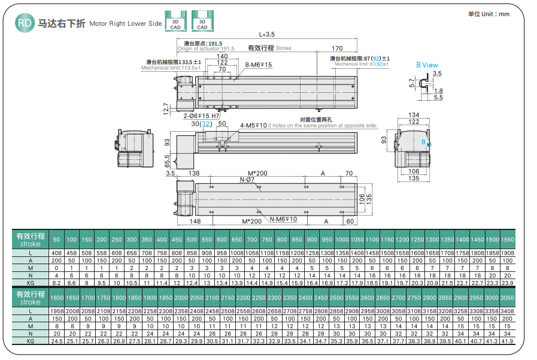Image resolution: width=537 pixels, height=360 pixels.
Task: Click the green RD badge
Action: pyautogui.click(x=25, y=23)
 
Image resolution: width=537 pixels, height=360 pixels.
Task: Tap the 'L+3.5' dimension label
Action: pyautogui.click(x=267, y=34)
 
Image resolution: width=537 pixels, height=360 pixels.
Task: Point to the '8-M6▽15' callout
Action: pyautogui.click(x=259, y=65)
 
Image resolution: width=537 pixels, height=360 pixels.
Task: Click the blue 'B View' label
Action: pyautogui.click(x=427, y=65)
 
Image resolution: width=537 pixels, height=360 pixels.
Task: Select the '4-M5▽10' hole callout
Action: pyautogui.click(x=253, y=125)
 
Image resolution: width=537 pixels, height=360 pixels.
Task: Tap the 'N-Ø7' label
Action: pyautogui.click(x=247, y=180)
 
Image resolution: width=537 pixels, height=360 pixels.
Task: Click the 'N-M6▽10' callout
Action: pyautogui.click(x=283, y=219)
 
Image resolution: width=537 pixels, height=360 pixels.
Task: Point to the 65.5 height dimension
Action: pyautogui.click(x=168, y=162)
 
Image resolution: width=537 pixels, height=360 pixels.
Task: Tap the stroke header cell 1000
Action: pyautogui.click(x=342, y=240)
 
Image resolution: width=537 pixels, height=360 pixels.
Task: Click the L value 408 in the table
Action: pyautogui.click(x=57, y=253)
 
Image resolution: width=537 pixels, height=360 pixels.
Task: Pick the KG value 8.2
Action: pyautogui.click(x=57, y=282)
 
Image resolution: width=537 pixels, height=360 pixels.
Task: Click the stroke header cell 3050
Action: pyautogui.click(x=506, y=298)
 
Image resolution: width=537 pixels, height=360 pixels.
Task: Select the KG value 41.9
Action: pyautogui.click(x=506, y=340)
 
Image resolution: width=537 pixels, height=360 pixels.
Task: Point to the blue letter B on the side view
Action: pyautogui.click(x=423, y=142)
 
